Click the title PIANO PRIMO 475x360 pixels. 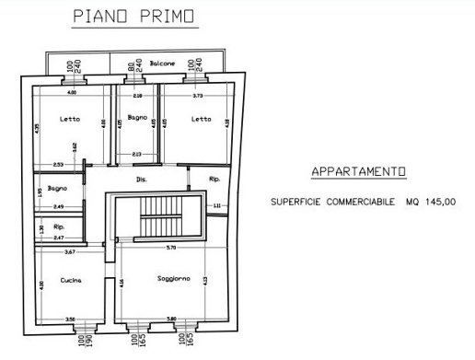[x=134, y=17]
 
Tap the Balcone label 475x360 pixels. [x=163, y=64]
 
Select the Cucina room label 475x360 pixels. [x=71, y=280]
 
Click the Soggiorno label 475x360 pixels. [x=173, y=279]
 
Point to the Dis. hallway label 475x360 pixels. [x=141, y=179]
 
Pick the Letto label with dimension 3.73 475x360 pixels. [x=202, y=119]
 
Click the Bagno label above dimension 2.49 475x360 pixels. [x=57, y=188]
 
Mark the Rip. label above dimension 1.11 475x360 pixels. [x=214, y=179]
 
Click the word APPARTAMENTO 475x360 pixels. [x=358, y=172]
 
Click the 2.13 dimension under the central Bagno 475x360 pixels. [x=136, y=154]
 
